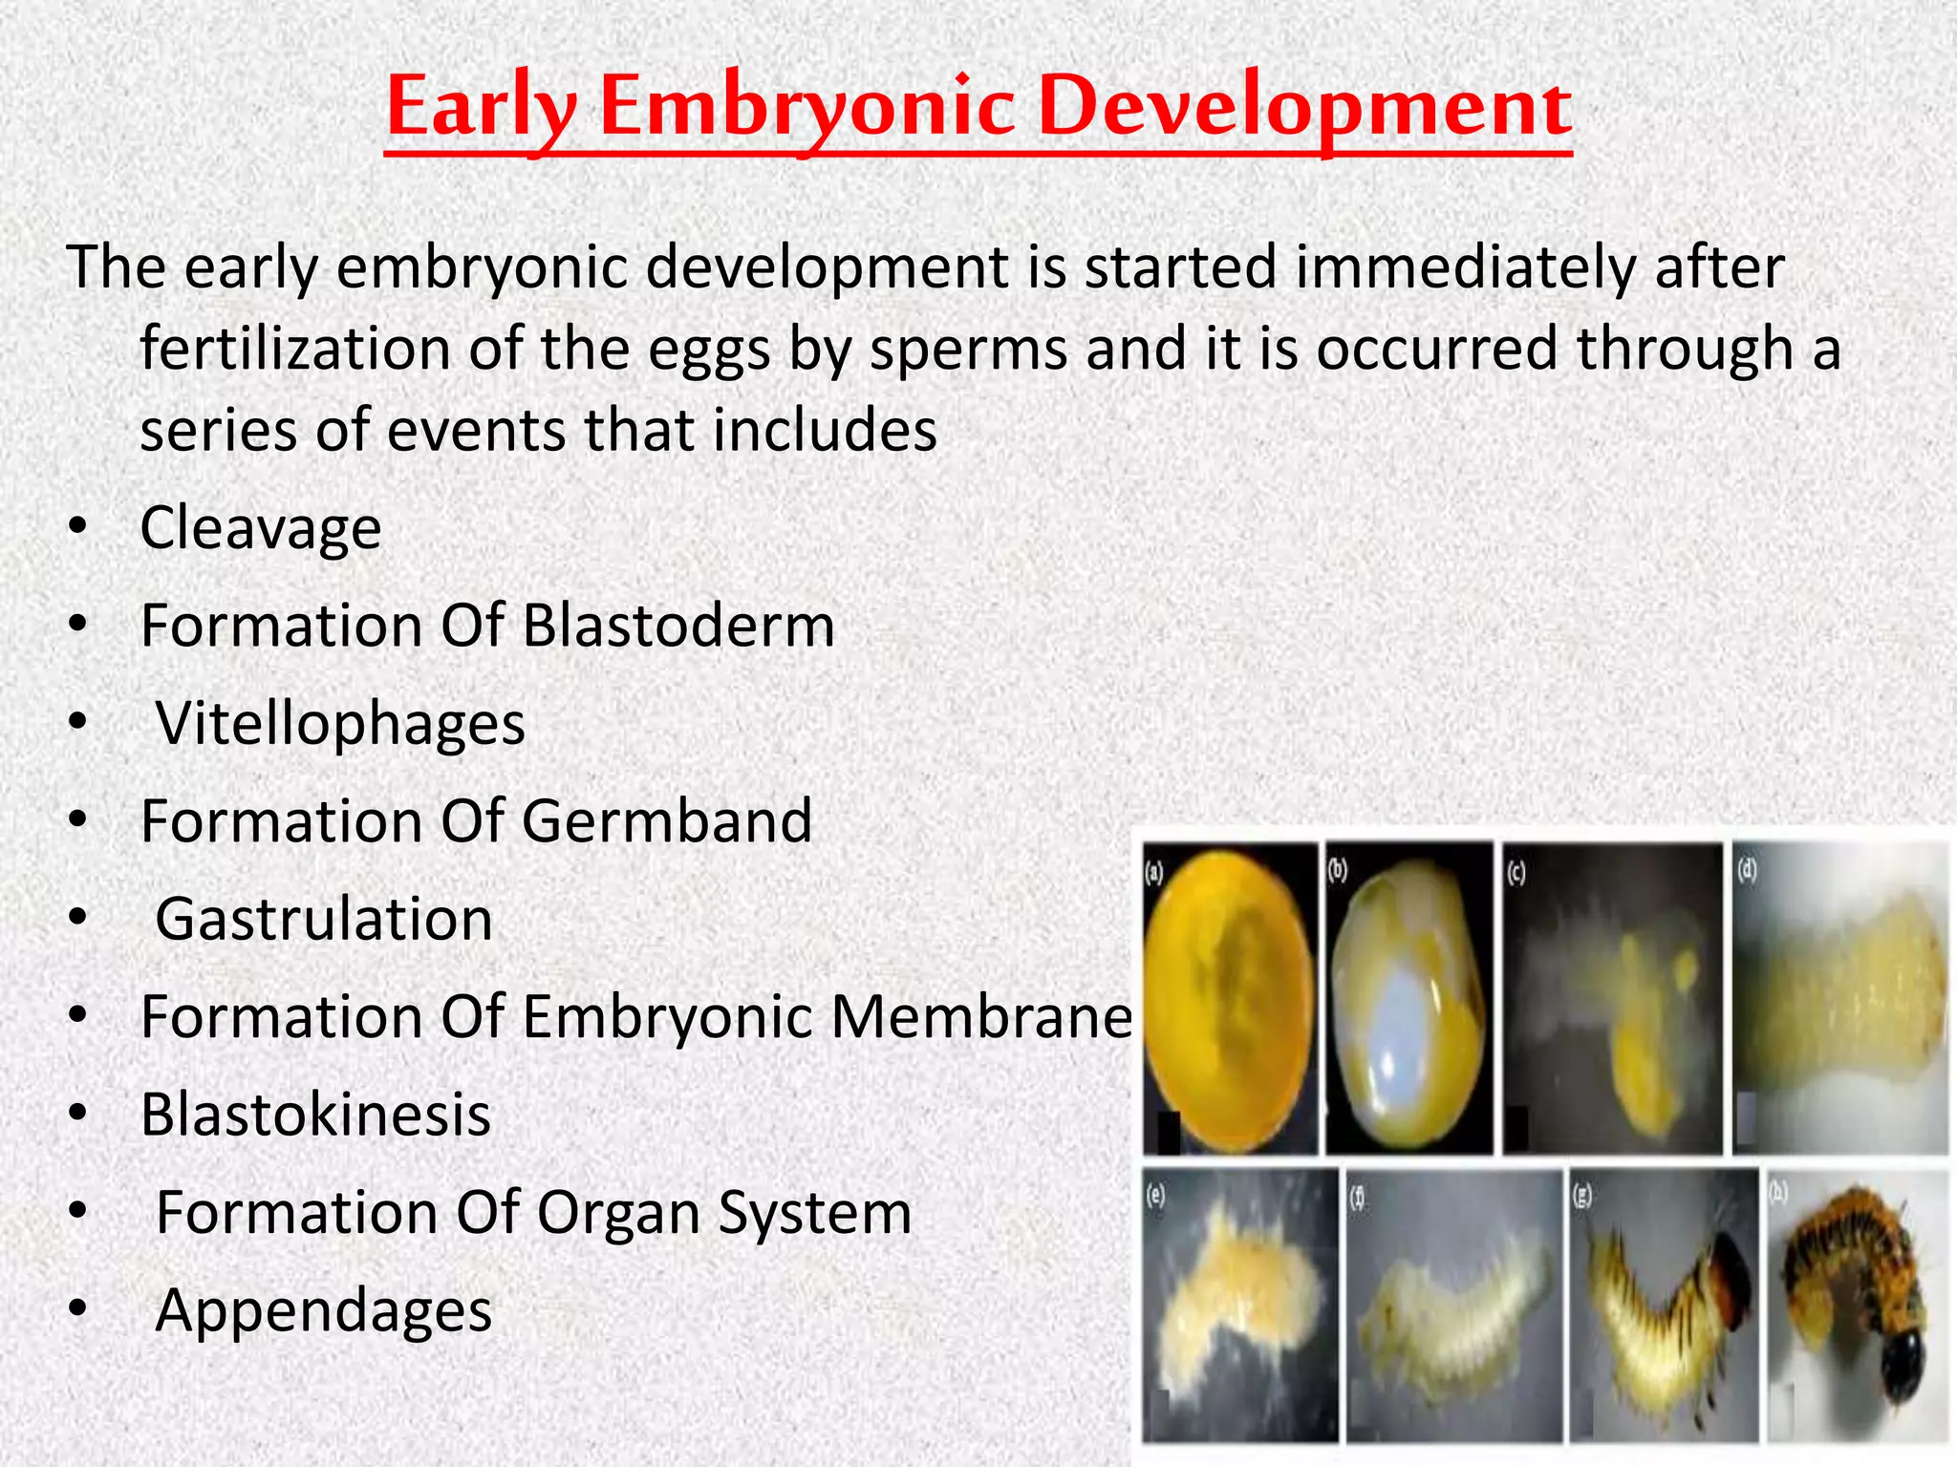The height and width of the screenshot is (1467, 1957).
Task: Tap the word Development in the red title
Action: tap(1304, 107)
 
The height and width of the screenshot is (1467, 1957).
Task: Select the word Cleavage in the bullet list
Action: tap(260, 528)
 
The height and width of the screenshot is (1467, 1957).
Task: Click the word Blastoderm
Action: tap(678, 626)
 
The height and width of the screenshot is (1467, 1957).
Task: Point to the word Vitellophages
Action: tap(340, 724)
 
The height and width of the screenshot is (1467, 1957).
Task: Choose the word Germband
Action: tap(667, 821)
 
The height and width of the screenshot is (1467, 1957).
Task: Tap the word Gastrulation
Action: tap(324, 919)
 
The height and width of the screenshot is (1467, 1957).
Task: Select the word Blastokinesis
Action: tap(315, 1115)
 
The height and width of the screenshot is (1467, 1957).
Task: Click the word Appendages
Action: tap(324, 1310)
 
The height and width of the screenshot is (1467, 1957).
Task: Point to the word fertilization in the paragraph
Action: tap(294, 349)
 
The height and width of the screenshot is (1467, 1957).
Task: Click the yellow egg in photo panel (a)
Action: tap(1228, 998)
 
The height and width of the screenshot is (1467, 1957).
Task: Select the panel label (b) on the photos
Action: tap(1338, 869)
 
